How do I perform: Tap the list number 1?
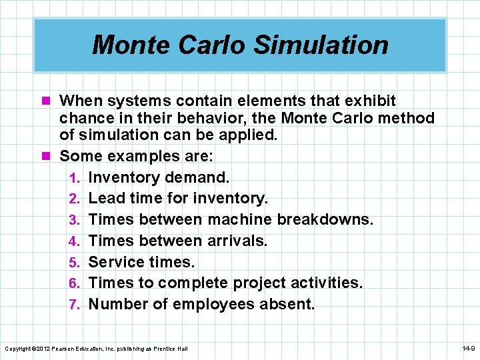(76, 178)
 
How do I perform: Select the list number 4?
(76, 241)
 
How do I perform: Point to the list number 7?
(76, 305)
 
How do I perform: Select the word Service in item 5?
(115, 261)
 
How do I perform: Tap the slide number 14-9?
(467, 349)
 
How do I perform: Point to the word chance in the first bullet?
(84, 119)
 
